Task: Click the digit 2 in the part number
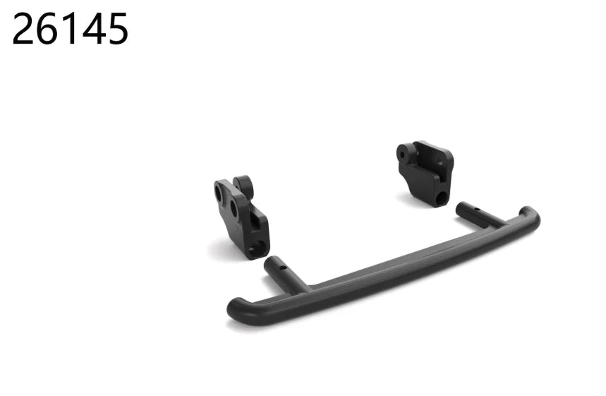pos(24,29)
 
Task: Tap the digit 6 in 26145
pos(47,29)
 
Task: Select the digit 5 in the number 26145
pos(116,29)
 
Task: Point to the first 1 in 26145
pos(70,29)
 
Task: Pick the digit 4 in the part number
pos(93,29)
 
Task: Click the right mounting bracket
pos(425,173)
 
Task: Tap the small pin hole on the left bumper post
pos(283,268)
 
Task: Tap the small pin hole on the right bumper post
pos(478,210)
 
